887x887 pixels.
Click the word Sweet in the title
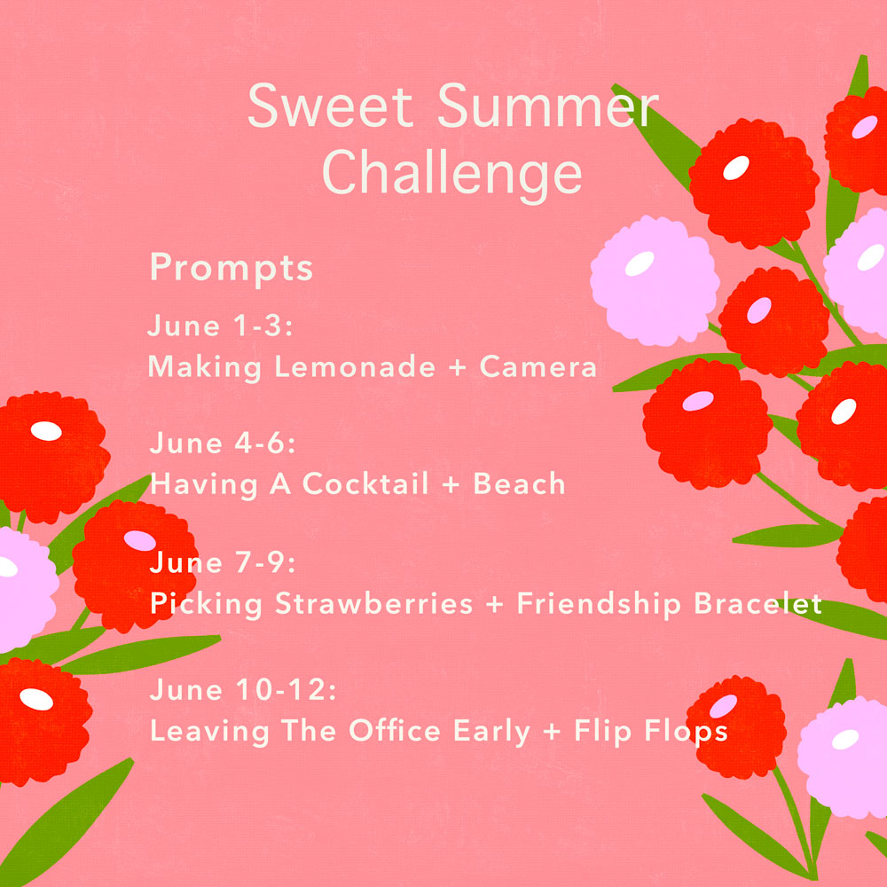(331, 106)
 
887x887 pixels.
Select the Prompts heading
(232, 269)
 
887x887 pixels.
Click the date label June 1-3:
(220, 326)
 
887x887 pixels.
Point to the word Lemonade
(356, 366)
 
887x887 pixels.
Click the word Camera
(538, 366)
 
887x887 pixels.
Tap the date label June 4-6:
(223, 443)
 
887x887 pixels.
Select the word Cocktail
(365, 483)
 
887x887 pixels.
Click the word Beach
(519, 483)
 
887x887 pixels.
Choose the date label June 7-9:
(223, 563)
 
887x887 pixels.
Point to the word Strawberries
(374, 603)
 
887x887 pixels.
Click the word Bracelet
(757, 603)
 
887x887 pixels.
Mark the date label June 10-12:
(243, 689)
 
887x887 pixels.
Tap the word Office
(395, 730)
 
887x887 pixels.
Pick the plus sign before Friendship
(494, 605)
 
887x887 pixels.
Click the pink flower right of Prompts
(655, 280)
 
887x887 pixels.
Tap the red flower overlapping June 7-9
(135, 566)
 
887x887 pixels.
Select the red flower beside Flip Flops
(736, 726)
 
